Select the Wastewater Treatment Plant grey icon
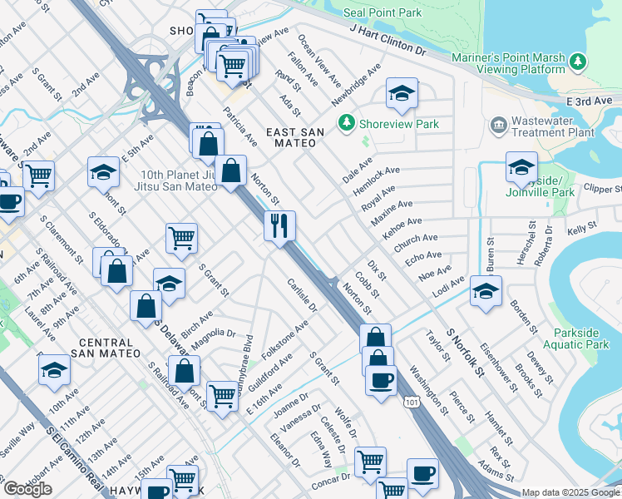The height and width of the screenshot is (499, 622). [x=498, y=125]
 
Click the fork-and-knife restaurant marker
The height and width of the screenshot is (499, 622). [x=279, y=225]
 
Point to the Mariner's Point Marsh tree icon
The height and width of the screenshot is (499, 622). [x=577, y=61]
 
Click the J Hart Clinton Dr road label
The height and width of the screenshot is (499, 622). [x=388, y=41]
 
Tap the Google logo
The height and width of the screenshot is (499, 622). [x=27, y=488]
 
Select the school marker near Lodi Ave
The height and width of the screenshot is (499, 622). [x=486, y=291]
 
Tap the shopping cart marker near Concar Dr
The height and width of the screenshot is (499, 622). [x=370, y=462]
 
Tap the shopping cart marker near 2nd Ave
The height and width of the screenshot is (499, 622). [x=38, y=176]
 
